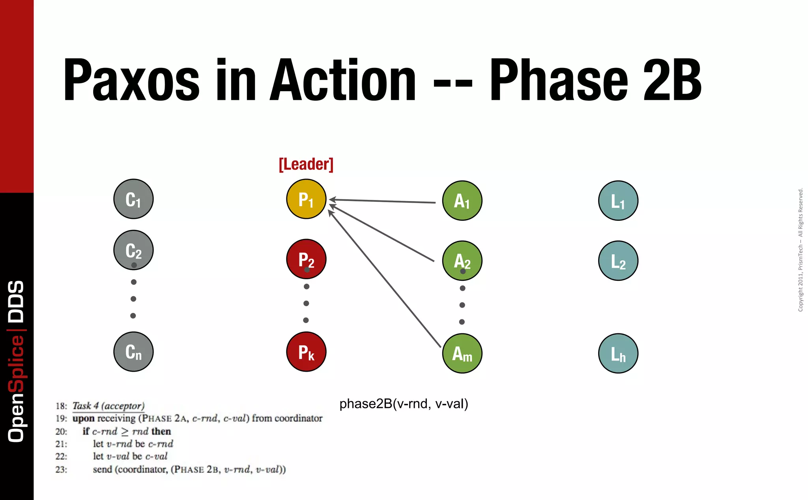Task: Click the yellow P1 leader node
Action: pos(306,199)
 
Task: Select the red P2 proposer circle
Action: pos(306,259)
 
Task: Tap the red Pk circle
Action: pos(306,352)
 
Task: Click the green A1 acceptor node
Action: pos(462,201)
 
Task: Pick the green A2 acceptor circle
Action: pos(462,261)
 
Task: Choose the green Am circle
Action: pos(462,353)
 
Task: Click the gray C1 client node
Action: pos(133,199)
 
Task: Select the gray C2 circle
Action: pos(133,250)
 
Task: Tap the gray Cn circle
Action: pos(133,352)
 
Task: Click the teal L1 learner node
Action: pos(618,201)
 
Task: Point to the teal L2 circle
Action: pos(618,261)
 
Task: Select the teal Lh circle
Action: pos(618,353)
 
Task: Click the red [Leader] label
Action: pos(306,164)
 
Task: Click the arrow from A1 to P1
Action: pos(383,201)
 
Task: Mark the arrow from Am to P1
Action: pos(385,279)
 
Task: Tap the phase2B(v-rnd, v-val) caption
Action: pos(404,404)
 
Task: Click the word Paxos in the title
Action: pos(131,80)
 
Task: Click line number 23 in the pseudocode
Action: pos(61,470)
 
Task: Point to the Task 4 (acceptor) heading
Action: pos(108,406)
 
